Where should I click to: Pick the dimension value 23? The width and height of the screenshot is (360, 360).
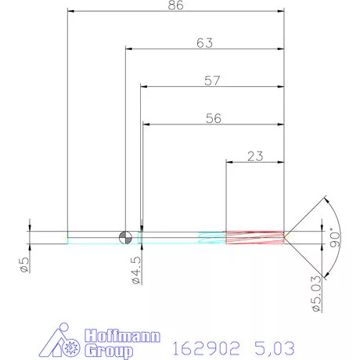(x=254, y=156)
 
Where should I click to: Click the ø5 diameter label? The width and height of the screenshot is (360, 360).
(x=24, y=265)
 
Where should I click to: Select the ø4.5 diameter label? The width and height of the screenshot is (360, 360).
(x=135, y=267)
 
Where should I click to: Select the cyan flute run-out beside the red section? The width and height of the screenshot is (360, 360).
(x=211, y=236)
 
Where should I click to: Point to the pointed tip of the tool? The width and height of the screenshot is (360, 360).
(x=288, y=236)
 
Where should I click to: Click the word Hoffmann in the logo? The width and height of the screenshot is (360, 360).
(x=122, y=337)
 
